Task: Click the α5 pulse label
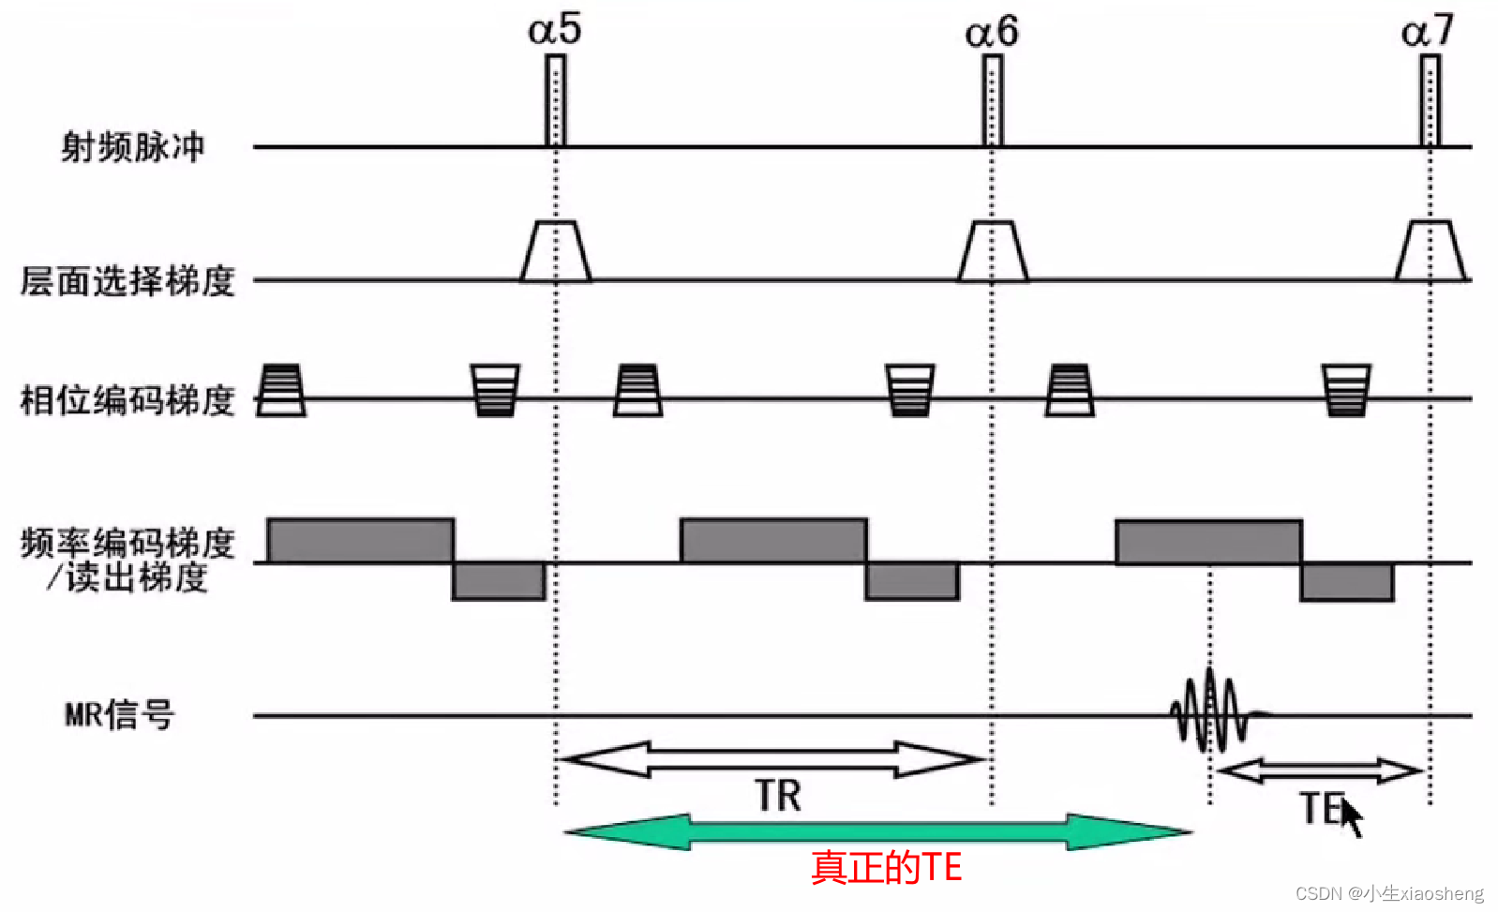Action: [x=555, y=29]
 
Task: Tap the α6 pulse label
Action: [x=992, y=32]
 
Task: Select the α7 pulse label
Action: [x=1428, y=32]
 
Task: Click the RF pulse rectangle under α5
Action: [x=555, y=100]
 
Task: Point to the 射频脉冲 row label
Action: [x=132, y=147]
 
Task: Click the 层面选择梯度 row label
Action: [x=127, y=280]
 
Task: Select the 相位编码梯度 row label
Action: [x=127, y=400]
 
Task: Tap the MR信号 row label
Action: [x=119, y=715]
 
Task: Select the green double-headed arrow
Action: [x=877, y=831]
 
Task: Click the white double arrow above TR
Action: [x=771, y=759]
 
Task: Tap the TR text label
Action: [x=778, y=796]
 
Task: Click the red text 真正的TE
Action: [x=886, y=867]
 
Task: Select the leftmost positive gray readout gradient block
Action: [x=361, y=541]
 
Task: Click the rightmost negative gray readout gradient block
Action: [x=1347, y=582]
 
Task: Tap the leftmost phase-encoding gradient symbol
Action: [x=280, y=390]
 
